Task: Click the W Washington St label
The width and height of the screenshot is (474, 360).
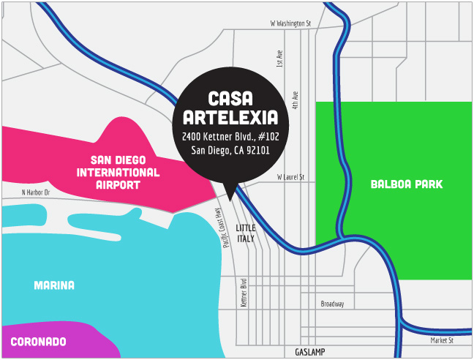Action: [x=290, y=23]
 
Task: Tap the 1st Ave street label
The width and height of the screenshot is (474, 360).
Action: [x=279, y=59]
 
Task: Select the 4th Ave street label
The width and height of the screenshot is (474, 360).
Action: [x=296, y=100]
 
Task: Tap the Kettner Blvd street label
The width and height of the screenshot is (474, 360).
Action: [x=244, y=293]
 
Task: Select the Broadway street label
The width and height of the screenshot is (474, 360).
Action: [x=332, y=304]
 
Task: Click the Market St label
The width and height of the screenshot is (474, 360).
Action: [x=441, y=340]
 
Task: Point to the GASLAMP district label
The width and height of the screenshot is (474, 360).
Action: [x=315, y=352]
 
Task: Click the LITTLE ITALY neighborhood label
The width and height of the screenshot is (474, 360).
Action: [x=246, y=233]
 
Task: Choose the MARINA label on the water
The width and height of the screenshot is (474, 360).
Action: [x=54, y=285]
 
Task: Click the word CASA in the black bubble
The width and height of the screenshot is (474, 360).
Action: [x=230, y=99]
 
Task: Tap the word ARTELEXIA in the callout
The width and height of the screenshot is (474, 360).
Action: [x=230, y=117]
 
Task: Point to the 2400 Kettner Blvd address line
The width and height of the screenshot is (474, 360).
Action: [x=230, y=136]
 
